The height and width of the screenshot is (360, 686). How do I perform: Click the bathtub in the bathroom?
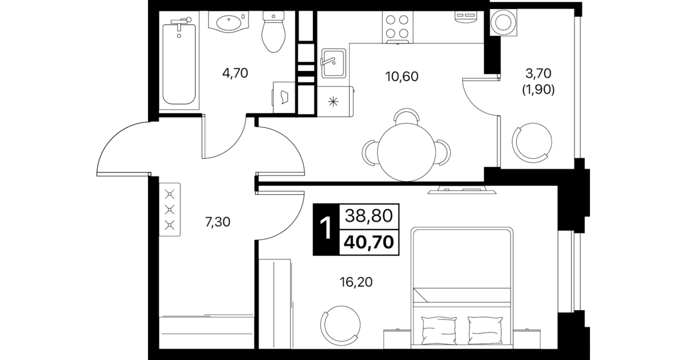pos(179,65)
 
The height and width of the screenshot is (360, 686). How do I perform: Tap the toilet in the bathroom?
pos(274,31)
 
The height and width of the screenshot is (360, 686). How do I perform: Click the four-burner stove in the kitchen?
pos(397,27)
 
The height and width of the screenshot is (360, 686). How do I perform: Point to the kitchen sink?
pos(334,63)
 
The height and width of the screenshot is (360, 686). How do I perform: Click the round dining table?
pos(406,152)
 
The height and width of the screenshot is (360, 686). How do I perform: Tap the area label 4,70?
pos(235,73)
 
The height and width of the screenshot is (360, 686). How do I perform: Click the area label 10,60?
pos(402,77)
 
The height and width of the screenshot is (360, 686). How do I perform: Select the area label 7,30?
pos(218,222)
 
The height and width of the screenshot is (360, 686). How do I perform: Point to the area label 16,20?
pos(356,282)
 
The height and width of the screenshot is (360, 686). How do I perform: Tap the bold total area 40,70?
pos(369,242)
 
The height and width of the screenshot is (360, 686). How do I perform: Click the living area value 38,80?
pos(369,216)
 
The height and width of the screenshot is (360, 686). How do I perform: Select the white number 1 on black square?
pos(326,229)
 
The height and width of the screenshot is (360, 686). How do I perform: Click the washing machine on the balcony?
pos(503,22)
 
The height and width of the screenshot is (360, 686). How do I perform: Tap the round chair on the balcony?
pos(532,142)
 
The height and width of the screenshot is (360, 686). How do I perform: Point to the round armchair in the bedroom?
pos(340,325)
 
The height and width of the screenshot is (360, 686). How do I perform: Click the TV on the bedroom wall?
pos(462,190)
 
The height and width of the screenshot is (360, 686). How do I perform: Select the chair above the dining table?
pos(406,116)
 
